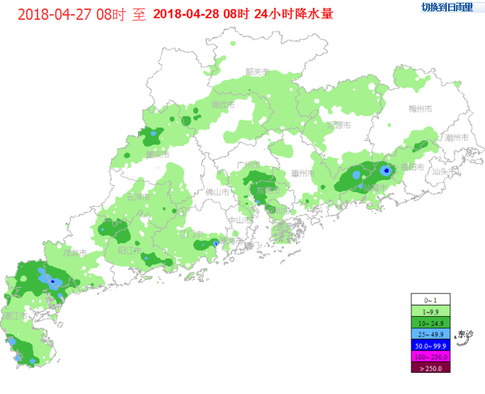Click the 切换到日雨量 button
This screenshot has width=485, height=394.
click(x=447, y=8)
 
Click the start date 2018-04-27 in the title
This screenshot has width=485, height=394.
click(x=56, y=14)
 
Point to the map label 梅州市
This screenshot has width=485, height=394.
click(x=421, y=108)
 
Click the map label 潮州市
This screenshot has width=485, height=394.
click(x=456, y=137)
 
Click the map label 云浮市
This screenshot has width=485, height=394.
click(x=138, y=196)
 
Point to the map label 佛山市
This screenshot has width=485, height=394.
click(x=217, y=192)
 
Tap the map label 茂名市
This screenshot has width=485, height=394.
click(x=74, y=252)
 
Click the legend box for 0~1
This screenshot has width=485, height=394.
click(x=430, y=300)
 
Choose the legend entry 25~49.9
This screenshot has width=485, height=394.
click(x=430, y=334)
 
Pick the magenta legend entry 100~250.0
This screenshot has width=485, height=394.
click(x=430, y=356)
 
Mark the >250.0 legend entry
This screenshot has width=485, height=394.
click(x=430, y=368)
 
